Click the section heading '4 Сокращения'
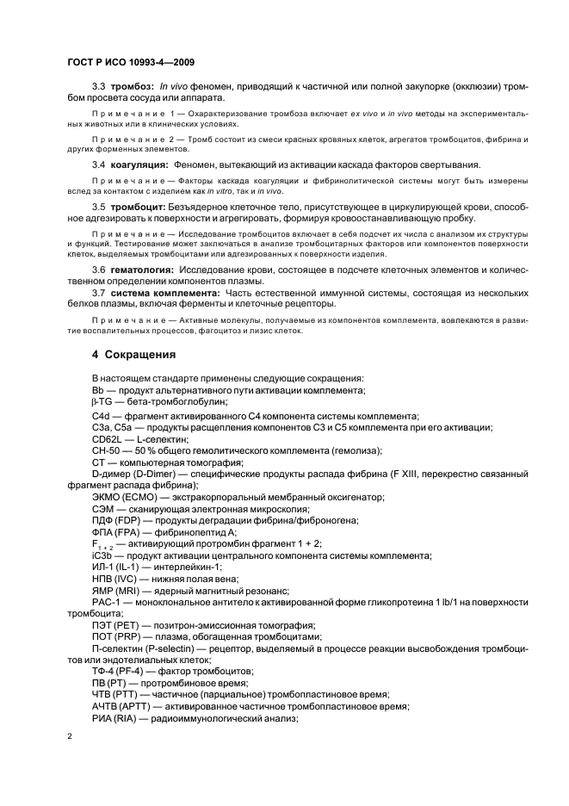135,355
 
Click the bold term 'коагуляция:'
137,164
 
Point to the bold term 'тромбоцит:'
136,208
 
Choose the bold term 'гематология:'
140,270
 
